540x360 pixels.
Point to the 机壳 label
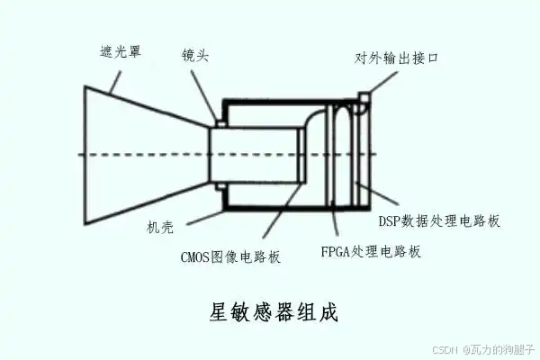click(x=161, y=227)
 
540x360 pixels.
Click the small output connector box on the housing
click(x=364, y=98)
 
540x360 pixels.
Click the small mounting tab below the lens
click(x=218, y=186)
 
